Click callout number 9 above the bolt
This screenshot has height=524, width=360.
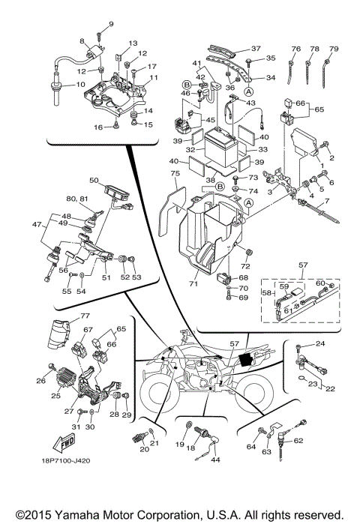112,25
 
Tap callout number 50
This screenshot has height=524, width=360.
94,180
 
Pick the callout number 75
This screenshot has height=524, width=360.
175,174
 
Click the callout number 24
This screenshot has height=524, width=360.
320,344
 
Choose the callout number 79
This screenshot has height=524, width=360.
334,49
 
